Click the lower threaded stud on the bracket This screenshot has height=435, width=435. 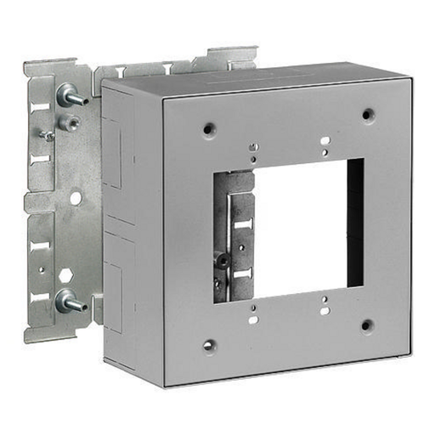71,301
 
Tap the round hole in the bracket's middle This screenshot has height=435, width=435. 76,197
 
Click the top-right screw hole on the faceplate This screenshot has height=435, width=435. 367,114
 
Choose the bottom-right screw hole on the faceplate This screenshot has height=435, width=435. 367,325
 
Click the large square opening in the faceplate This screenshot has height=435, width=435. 297,229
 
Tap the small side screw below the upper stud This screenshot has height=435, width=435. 48,135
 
